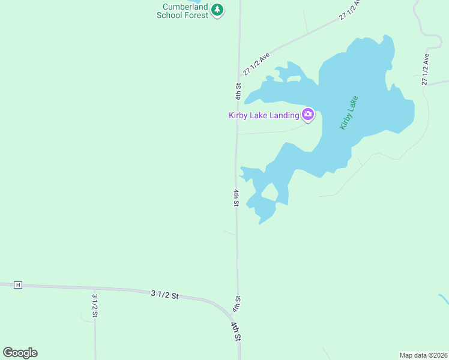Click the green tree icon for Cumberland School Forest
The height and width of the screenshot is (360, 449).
point(217,10)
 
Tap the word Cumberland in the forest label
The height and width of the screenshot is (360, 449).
point(185,7)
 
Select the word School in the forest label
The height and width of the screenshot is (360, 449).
point(169,15)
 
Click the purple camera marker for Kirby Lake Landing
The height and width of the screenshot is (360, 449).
point(308,114)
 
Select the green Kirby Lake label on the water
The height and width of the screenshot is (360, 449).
point(349,112)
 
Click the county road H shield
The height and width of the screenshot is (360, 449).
point(18,284)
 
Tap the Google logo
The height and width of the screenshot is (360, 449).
point(20,352)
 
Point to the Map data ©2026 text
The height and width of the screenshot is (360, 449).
point(423,355)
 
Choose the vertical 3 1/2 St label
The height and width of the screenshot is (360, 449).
point(95,305)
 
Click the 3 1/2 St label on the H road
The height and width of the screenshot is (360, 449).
point(165,294)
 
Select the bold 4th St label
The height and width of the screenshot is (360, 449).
point(237,331)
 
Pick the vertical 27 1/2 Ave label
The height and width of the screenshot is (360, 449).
point(426,70)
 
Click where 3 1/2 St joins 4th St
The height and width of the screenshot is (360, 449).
point(236,316)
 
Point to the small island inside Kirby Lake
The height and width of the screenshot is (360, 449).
point(270,193)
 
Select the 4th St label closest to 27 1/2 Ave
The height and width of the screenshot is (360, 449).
point(238,91)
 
